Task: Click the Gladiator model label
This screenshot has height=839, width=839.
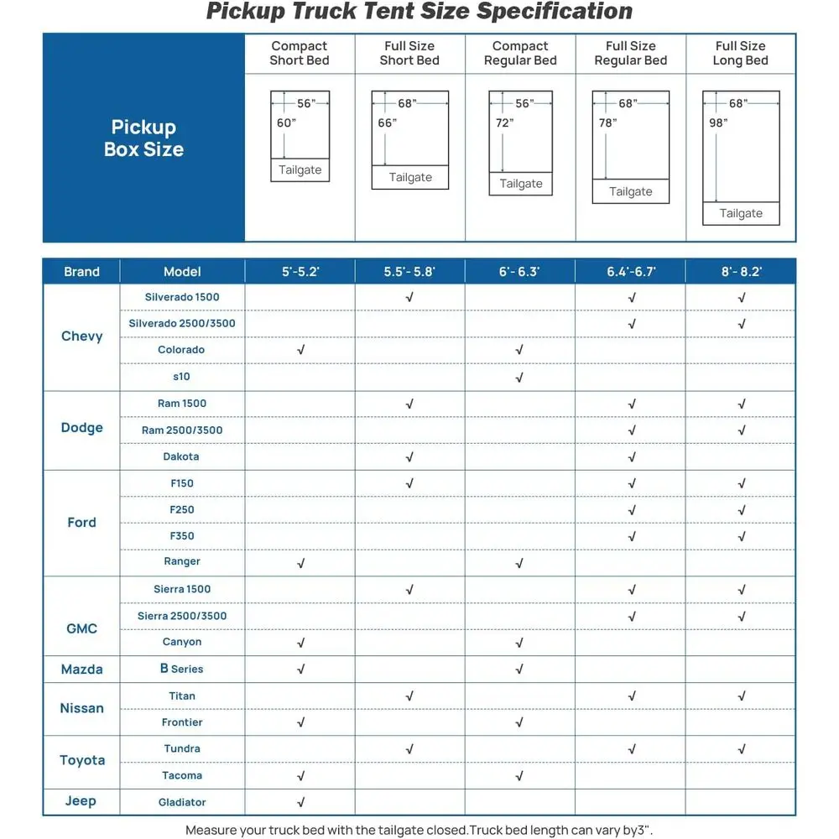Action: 182,802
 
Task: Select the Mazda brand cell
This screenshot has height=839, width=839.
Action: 81,669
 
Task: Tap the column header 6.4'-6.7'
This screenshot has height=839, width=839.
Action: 631,272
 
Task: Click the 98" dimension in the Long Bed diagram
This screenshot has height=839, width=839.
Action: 718,122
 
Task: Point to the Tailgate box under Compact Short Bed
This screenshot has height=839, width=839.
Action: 300,169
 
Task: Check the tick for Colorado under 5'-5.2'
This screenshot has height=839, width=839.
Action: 300,350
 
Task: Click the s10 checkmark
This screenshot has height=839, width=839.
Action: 519,377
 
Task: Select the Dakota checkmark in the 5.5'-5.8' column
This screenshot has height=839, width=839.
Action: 409,457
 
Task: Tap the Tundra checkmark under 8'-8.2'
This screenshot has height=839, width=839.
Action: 741,749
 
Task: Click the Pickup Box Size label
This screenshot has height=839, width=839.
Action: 143,138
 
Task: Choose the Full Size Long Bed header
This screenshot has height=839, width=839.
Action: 740,54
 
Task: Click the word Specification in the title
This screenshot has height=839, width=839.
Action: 555,12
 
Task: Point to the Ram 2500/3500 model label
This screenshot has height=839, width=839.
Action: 182,430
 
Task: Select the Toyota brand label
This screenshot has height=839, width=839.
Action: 82,760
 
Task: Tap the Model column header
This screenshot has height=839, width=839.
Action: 182,272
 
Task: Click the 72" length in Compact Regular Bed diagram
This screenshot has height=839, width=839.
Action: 503,122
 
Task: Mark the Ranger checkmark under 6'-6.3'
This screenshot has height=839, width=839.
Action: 519,563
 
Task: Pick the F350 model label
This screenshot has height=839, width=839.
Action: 182,536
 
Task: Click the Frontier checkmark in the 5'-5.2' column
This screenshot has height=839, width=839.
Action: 300,722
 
